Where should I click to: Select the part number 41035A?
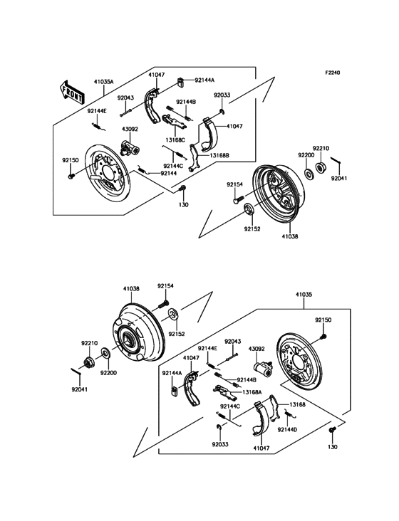tap(103, 83)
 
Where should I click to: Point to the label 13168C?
tap(176, 140)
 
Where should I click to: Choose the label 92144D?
tap(287, 430)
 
